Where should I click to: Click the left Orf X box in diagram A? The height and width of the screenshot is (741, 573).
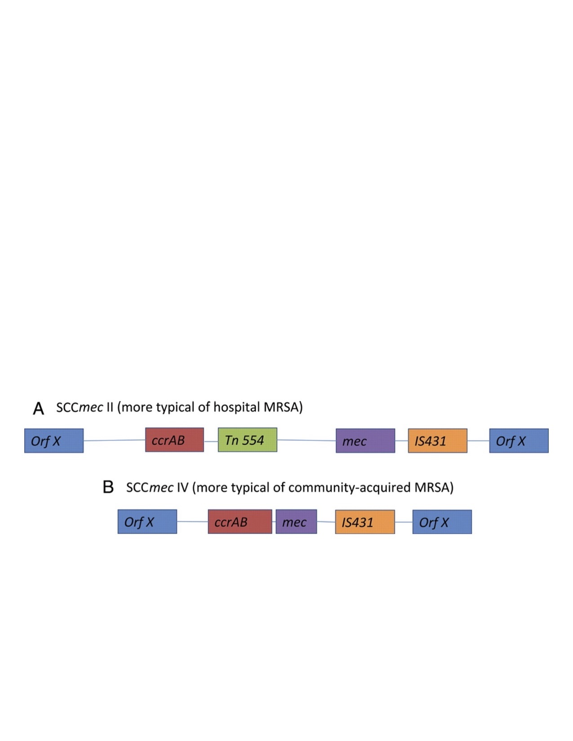(x=54, y=441)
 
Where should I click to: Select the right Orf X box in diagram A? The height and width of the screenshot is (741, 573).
(x=519, y=441)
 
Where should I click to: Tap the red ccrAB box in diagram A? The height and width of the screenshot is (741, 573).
(x=174, y=440)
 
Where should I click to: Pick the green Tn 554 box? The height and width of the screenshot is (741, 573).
(x=247, y=440)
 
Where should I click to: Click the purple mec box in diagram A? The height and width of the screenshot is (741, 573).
(x=365, y=441)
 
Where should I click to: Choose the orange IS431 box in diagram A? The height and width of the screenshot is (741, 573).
(x=437, y=441)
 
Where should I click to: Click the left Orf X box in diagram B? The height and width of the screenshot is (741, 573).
(x=147, y=521)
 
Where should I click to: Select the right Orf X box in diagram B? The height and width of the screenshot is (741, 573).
(x=442, y=522)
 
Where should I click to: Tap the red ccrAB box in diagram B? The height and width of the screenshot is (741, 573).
(x=240, y=521)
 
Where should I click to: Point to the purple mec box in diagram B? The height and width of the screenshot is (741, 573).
(x=296, y=521)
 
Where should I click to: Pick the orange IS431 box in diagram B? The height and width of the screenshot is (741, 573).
(x=365, y=522)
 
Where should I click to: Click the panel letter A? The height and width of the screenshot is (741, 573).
(x=39, y=409)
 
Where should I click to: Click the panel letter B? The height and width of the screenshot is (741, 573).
(x=108, y=487)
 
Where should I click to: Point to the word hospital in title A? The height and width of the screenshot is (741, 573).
(x=236, y=407)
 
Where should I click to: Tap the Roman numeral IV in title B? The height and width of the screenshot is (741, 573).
(x=182, y=488)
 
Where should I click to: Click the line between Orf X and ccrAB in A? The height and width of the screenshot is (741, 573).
(x=114, y=440)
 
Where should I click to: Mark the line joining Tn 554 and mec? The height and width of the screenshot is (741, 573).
(x=306, y=440)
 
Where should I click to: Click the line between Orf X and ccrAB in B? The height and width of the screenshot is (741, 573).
(x=192, y=521)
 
